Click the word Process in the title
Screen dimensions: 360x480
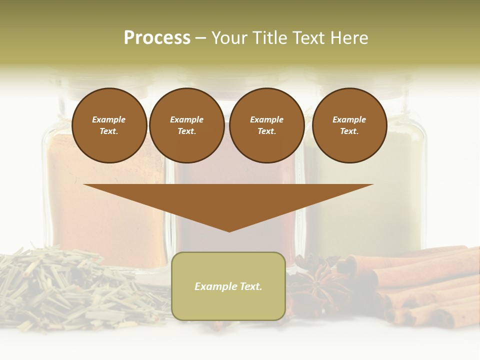pos(157,38)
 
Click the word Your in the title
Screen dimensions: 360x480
pos(229,38)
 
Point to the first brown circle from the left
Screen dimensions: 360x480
pos(109,125)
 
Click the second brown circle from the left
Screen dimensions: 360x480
pos(186,125)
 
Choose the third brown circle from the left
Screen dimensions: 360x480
pos(266,125)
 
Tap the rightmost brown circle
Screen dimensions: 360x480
pos(349,125)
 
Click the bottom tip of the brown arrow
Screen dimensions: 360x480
pos(229,231)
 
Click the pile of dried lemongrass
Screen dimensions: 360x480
pos(75,290)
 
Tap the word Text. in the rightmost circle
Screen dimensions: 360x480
pos(349,131)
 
